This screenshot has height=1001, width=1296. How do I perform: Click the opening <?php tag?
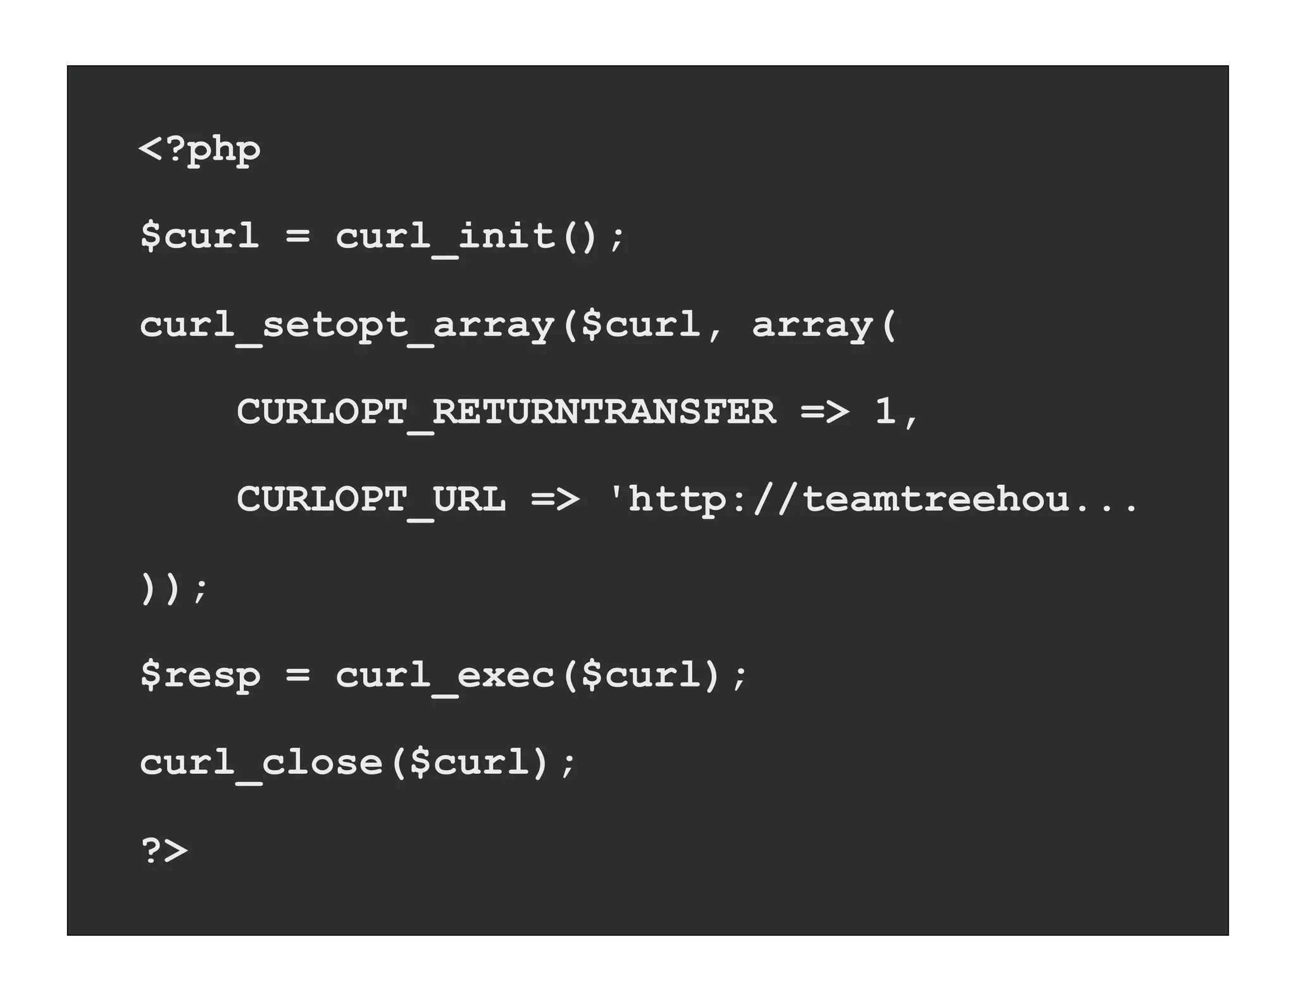[199, 150]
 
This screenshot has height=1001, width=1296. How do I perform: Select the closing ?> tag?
[164, 850]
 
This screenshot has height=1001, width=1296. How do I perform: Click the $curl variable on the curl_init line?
[199, 235]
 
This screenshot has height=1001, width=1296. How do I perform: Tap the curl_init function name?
[445, 237]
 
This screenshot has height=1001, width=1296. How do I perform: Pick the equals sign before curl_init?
[297, 235]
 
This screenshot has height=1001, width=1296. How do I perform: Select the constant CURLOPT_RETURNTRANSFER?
[506, 412]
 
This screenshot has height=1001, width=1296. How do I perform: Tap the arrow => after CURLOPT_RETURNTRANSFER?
[825, 412]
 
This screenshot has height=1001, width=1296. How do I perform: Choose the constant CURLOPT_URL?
[371, 499]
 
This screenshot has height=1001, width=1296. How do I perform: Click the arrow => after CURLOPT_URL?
[554, 499]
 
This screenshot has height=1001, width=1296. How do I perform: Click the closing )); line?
[173, 588]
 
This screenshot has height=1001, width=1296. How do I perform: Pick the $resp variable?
[199, 675]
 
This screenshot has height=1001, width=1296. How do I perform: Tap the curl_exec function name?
[445, 676]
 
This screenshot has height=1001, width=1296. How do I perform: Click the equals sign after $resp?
[297, 675]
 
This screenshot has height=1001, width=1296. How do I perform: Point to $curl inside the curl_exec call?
[640, 675]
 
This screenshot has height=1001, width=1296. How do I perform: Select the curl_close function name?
[261, 763]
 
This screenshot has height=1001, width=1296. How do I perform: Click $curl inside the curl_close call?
[469, 762]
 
